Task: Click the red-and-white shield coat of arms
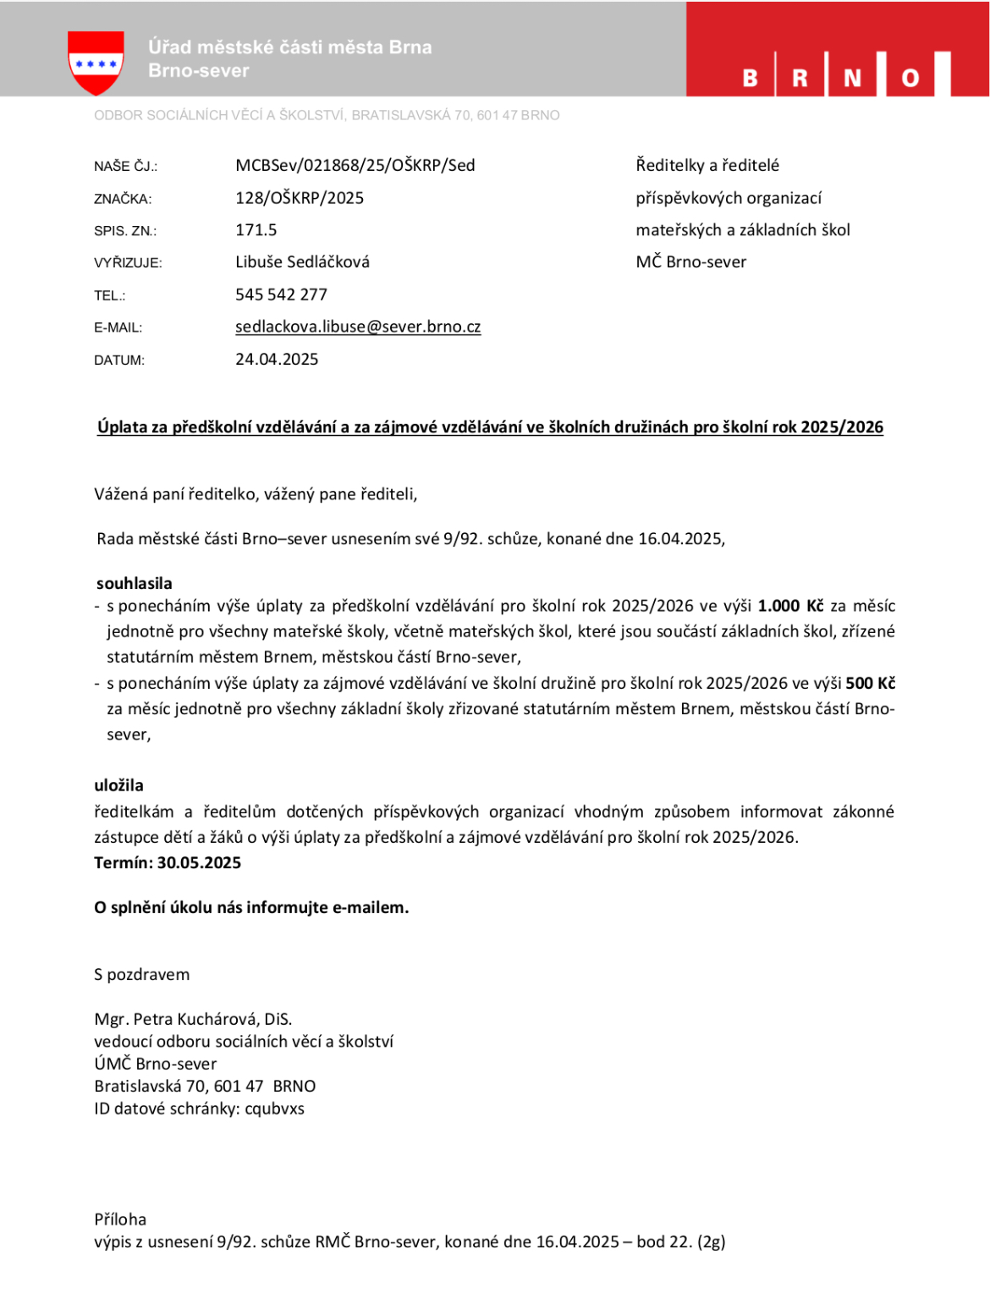click(x=96, y=62)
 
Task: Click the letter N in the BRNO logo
click(x=852, y=78)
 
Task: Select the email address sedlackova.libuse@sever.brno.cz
click(x=358, y=327)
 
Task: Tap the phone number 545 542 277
click(x=281, y=294)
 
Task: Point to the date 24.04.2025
click(x=277, y=359)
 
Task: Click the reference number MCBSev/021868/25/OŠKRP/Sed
click(x=355, y=165)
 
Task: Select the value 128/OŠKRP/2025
click(x=300, y=198)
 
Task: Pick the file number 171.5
click(x=256, y=230)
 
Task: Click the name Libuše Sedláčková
click(x=302, y=262)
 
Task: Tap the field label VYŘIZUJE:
click(x=128, y=263)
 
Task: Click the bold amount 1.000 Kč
click(x=790, y=606)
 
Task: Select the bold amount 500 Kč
click(x=870, y=683)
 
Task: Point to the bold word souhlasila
click(x=135, y=583)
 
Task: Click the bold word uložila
click(x=119, y=785)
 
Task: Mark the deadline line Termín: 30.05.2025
click(x=168, y=863)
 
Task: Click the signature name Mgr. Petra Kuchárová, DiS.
click(x=193, y=1019)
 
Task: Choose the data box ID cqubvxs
click(x=274, y=1109)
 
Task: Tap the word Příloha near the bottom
click(x=120, y=1219)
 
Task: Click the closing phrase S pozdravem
click(x=142, y=974)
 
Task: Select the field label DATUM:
click(x=119, y=361)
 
